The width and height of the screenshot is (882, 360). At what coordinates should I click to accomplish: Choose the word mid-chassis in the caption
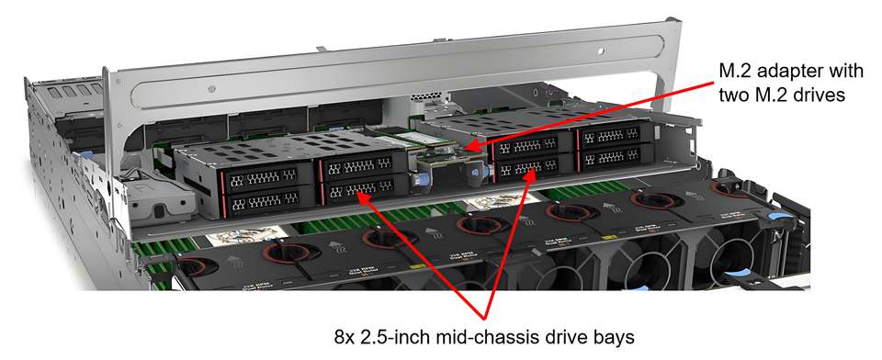click(484, 338)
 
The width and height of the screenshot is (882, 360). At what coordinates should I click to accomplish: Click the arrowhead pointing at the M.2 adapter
click(470, 147)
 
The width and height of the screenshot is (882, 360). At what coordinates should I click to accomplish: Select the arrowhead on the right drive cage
click(529, 175)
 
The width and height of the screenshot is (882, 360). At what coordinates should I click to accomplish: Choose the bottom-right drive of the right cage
click(615, 156)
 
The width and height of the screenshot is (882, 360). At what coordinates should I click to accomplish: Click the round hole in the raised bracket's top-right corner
click(601, 51)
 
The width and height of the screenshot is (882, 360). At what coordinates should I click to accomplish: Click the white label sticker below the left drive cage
click(243, 236)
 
